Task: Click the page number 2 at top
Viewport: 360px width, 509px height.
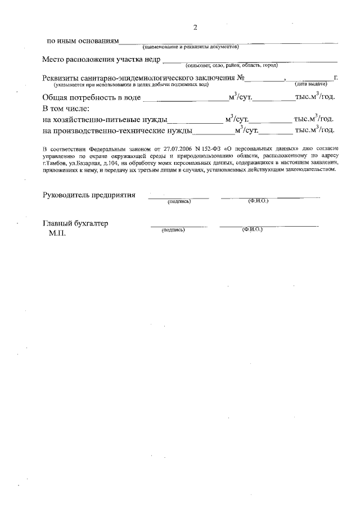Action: coord(195,27)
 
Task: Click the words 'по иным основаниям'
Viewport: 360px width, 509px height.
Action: coord(83,41)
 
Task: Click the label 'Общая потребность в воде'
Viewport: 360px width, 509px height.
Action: coord(91,97)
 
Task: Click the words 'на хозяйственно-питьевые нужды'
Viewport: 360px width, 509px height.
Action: coord(105,119)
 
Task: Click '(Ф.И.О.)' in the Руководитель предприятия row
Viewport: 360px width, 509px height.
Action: coord(258,201)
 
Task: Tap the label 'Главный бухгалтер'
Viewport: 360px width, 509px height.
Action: coord(75,223)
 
